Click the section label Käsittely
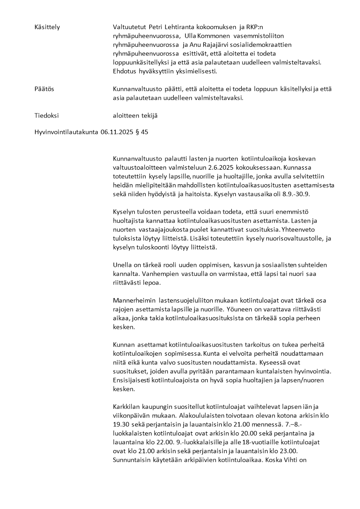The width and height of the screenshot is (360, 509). (47, 27)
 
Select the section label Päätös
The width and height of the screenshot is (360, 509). (44, 89)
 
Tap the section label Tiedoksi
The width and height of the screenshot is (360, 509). (46, 116)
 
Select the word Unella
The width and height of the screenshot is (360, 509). (122, 264)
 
